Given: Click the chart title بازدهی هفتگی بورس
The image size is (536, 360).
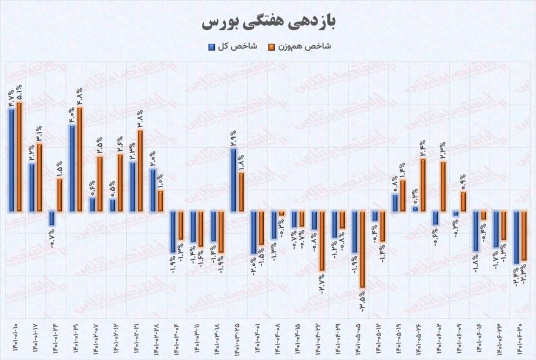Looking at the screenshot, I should pos(268,22).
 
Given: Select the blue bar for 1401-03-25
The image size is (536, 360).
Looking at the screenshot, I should pos(234,179).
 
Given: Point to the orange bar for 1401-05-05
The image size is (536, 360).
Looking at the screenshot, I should pos(362,250).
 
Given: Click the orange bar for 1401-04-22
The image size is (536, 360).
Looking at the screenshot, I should pos(322,241).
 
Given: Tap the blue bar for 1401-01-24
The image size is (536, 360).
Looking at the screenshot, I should pos(52,218).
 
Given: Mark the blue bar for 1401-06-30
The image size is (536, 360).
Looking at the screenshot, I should pos(516,237).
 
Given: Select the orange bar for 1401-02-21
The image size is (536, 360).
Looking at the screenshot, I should pos(141,170).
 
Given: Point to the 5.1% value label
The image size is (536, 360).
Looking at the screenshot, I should pos(20,93).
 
